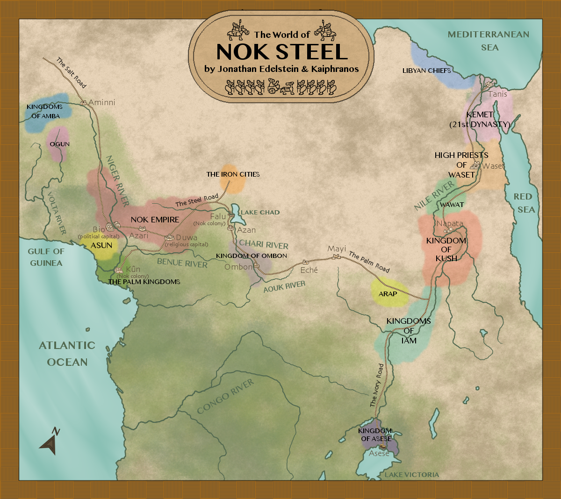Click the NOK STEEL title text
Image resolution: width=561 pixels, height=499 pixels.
282,52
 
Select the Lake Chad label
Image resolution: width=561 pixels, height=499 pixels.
260,212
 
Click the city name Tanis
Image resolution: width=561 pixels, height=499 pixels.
497,94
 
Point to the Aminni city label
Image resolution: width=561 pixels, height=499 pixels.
101,102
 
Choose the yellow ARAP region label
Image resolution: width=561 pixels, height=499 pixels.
388,294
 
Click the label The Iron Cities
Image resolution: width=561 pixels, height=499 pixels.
233,174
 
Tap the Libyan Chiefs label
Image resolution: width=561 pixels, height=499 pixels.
426,71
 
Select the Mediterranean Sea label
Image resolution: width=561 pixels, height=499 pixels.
489,41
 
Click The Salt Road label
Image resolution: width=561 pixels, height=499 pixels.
72,72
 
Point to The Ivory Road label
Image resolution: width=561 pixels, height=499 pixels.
376,385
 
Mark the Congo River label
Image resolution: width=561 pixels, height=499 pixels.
225,397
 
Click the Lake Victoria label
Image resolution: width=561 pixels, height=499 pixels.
412,475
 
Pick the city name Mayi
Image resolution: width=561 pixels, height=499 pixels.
337,249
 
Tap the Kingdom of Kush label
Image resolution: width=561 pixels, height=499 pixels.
446,249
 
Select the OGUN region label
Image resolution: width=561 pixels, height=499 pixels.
59,144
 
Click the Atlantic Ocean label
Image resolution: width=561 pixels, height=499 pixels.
67,354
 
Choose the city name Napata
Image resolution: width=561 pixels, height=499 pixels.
450,223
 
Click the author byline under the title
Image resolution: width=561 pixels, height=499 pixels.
281,69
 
